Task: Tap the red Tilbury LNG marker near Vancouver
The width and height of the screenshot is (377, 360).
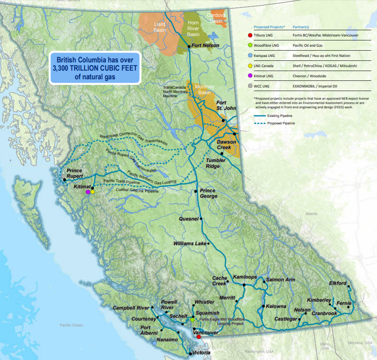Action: (x=199, y=336)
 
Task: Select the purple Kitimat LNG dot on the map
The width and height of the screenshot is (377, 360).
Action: (x=88, y=192)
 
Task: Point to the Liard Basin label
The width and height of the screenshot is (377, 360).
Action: (x=160, y=27)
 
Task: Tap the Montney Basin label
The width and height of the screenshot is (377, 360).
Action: (x=203, y=89)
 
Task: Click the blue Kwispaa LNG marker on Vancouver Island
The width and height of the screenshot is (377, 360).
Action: (x=154, y=343)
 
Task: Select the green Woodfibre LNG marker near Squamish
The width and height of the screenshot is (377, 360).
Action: (x=192, y=320)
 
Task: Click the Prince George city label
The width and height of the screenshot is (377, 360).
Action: (x=208, y=193)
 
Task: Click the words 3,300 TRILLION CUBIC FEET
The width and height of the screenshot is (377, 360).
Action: (x=95, y=68)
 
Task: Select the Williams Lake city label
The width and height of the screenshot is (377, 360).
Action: (x=190, y=244)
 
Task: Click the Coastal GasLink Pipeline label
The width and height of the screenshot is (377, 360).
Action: (x=137, y=191)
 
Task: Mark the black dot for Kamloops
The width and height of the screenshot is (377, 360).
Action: (x=244, y=285)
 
